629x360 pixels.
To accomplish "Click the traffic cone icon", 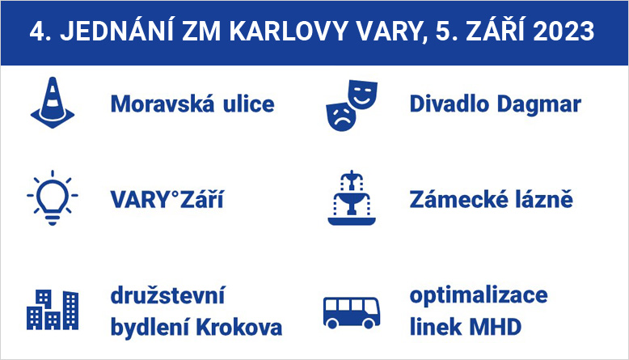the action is click(x=53, y=103).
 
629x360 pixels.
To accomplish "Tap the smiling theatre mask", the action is click(x=363, y=95).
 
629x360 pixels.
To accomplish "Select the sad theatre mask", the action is click(x=341, y=116).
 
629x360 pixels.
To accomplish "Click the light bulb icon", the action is click(x=53, y=197).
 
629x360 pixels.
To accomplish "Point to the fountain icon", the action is click(x=352, y=197).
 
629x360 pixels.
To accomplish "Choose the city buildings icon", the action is click(x=53, y=309).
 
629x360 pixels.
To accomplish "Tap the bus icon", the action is click(x=352, y=312).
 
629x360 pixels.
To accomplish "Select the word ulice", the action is click(x=249, y=104).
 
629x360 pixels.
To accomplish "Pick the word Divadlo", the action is click(x=450, y=104).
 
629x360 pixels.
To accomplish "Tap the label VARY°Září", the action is click(x=167, y=199).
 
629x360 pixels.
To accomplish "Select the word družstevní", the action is click(x=167, y=295).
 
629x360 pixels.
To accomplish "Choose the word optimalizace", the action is click(x=479, y=296).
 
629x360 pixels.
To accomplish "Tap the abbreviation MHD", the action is click(x=495, y=327).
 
